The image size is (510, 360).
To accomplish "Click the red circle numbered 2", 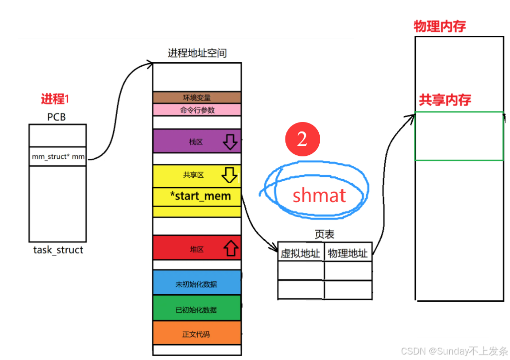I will coord(302,139).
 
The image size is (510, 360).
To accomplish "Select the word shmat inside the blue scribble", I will coord(319,195).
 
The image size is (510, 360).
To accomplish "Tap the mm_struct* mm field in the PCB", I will coord(58,157).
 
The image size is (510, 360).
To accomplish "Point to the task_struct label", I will coord(58,250).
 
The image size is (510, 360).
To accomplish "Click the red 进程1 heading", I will coord(55,99).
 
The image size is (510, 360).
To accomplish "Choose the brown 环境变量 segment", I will coord(197,98).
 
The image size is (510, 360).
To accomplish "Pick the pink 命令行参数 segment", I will coord(197,110).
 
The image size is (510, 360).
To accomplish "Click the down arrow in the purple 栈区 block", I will coord(230,142).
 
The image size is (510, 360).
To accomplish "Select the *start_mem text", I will coord(200,196).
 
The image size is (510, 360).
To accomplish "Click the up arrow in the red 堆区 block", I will coord(230,247).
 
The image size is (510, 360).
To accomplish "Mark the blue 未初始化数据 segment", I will coord(196,284).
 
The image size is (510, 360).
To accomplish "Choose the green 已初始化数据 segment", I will coord(196,310).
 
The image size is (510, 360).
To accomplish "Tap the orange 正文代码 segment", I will coord(196,334).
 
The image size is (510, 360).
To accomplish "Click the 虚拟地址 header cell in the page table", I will coord(300,253).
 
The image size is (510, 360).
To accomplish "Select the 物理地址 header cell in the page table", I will coord(348,253).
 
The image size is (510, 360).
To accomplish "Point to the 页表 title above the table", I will coord(324,234).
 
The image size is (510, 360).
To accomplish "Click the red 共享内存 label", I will coord(445,100).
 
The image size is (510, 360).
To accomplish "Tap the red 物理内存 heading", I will coord(440,26).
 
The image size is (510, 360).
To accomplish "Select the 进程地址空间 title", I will coord(197,53).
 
